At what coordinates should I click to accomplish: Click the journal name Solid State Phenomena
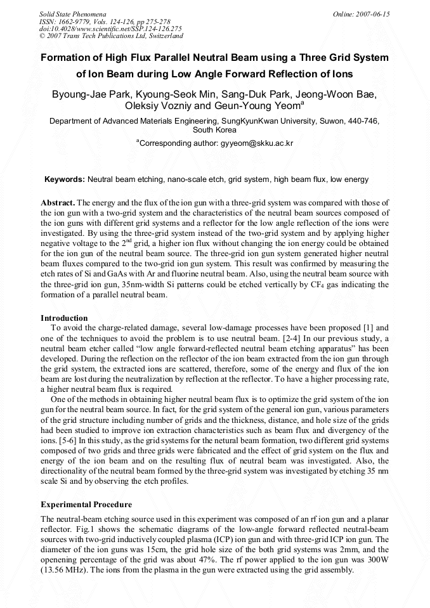72,13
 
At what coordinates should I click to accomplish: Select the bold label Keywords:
64,180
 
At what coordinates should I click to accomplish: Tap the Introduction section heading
64,318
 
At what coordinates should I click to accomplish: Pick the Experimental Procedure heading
86,505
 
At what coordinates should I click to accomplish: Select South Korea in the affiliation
214,129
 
